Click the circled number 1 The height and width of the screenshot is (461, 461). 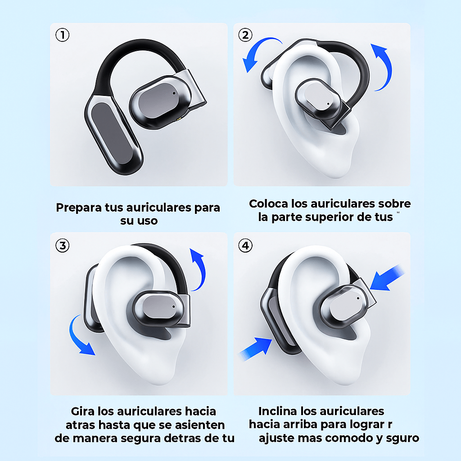point(62,35)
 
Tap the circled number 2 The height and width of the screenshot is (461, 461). point(245,35)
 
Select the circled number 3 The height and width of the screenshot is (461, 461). point(62,245)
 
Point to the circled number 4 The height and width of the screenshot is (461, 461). point(245,245)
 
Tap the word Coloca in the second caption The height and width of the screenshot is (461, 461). point(269,203)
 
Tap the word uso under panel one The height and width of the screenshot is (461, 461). point(147,221)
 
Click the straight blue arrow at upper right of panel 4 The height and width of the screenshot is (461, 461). point(387,277)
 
